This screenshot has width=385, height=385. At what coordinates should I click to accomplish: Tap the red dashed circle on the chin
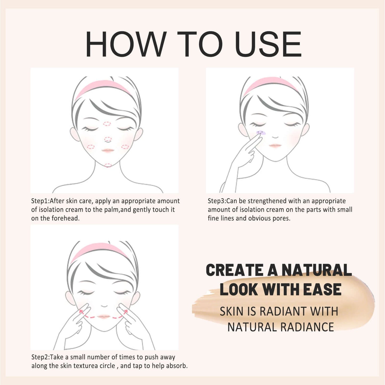coord(108,165)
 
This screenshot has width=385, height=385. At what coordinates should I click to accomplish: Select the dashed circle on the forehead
coord(107,124)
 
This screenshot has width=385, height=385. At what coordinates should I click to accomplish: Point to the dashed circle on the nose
coord(108,139)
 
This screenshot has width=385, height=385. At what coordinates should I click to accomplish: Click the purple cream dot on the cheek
coord(260,132)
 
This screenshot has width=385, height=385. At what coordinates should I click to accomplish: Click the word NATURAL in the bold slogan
coord(317,270)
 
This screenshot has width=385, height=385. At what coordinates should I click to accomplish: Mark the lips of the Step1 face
coord(108,151)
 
